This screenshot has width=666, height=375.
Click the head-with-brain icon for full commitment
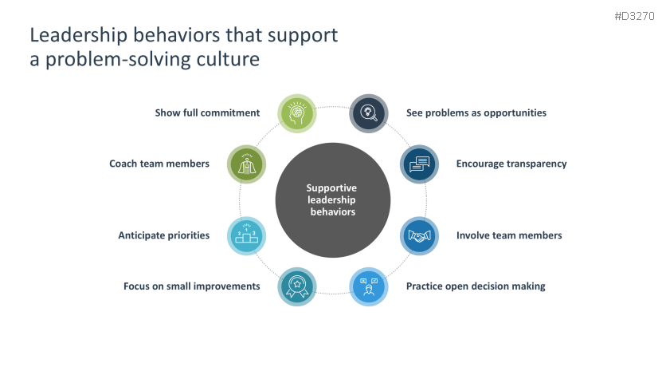[297, 113]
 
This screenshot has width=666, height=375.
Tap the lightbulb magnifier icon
[369, 113]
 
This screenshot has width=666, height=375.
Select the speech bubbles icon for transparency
[419, 164]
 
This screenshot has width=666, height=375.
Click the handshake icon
[419, 236]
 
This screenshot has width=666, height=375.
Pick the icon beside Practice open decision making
[369, 286]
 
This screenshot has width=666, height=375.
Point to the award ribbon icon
[297, 286]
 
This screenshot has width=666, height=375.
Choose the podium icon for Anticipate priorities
[247, 236]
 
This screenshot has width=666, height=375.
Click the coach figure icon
[247, 164]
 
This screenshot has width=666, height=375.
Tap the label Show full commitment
[207, 113]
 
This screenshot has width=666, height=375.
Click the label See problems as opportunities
[476, 113]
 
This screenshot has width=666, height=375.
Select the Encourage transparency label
[511, 164]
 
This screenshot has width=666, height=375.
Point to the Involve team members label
[509, 236]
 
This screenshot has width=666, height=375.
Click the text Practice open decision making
[476, 286]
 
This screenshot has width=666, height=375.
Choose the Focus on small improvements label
[191, 286]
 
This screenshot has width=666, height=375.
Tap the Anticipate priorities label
[164, 236]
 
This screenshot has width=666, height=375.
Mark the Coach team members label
[159, 164]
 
